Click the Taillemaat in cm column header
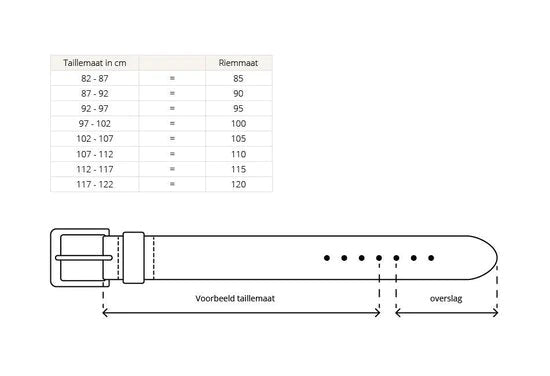click(95, 63)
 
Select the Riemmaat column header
click(238, 63)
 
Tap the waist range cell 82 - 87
click(95, 78)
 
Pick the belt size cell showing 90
click(238, 93)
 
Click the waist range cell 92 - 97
click(95, 108)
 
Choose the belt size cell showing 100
click(239, 123)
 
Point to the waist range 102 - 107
click(95, 139)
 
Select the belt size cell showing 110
click(239, 154)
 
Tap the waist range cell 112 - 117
click(95, 169)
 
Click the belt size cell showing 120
click(239, 184)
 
